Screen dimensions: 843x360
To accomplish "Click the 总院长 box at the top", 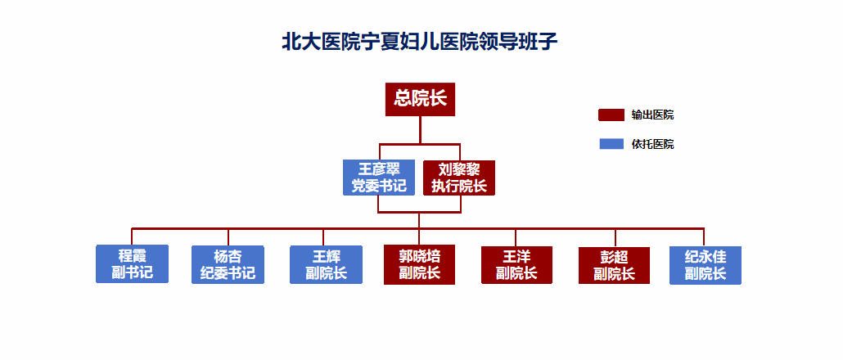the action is [x=420, y=99].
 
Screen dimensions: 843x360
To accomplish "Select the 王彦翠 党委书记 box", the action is [x=379, y=178].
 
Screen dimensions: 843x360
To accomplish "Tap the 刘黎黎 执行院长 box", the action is [x=458, y=178].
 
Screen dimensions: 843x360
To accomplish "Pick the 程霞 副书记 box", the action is [x=133, y=263].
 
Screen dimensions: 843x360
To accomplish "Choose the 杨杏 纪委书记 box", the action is [x=228, y=264].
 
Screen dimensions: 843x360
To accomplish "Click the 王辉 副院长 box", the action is [x=326, y=264].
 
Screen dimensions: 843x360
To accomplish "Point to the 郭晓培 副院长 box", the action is [x=419, y=264].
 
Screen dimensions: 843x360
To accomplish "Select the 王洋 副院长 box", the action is [x=516, y=265].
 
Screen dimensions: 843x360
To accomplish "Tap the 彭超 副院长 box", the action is [x=614, y=265].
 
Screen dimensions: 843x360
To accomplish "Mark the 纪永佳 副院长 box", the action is [x=706, y=265].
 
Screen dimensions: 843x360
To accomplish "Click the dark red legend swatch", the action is [x=611, y=115].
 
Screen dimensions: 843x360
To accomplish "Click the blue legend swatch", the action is [x=611, y=144].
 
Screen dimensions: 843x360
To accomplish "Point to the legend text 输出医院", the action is [x=652, y=115].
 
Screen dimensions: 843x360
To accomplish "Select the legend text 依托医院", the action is [x=652, y=144].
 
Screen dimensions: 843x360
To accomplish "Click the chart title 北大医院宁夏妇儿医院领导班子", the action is [x=420, y=42].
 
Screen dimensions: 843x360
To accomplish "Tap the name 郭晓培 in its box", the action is [x=419, y=255].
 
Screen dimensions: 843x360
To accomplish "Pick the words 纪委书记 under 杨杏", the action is [x=228, y=273].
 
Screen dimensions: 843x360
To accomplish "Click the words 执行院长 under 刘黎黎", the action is [x=458, y=187].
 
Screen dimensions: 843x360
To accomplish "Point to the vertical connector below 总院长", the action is [x=420, y=130].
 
